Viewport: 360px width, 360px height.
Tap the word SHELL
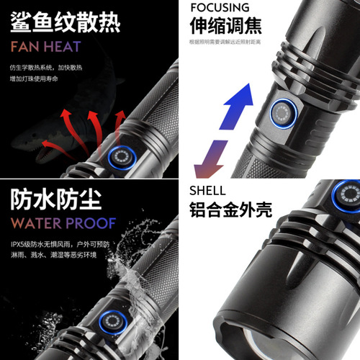click(207, 191)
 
